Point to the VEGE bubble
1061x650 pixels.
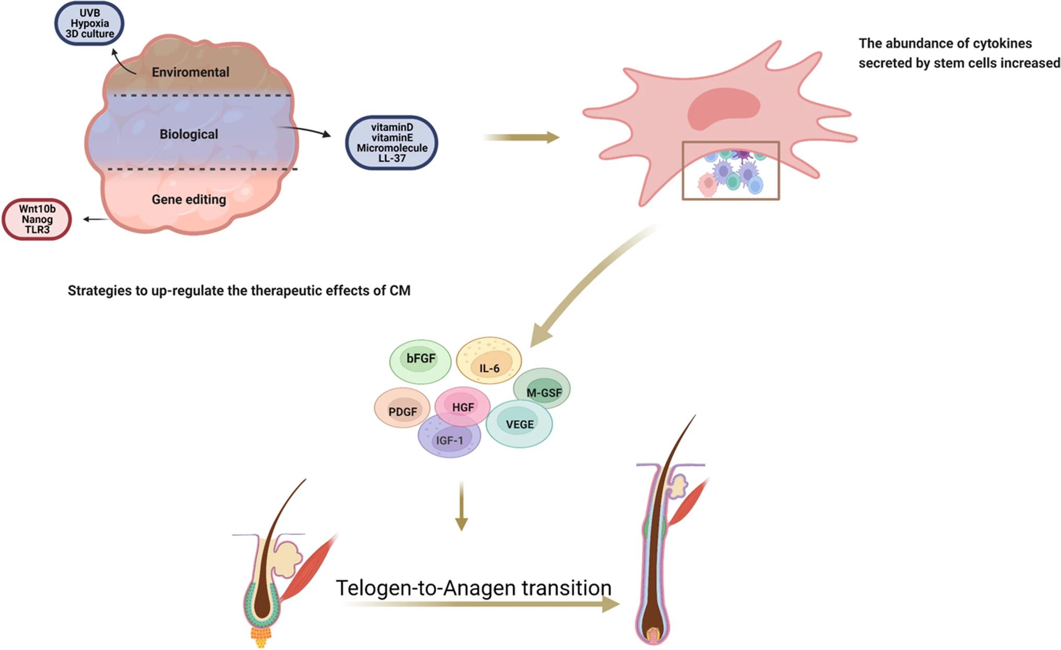[519, 424]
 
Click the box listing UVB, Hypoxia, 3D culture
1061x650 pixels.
[89, 24]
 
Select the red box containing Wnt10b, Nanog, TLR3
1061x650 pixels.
[37, 219]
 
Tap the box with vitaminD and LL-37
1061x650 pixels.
[391, 143]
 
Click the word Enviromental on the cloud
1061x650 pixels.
[190, 72]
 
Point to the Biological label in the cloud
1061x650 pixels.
[189, 134]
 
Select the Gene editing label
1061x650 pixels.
[189, 199]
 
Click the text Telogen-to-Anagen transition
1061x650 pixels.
[473, 588]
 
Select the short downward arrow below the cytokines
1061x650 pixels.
[461, 506]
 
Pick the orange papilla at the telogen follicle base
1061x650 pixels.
[260, 636]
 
